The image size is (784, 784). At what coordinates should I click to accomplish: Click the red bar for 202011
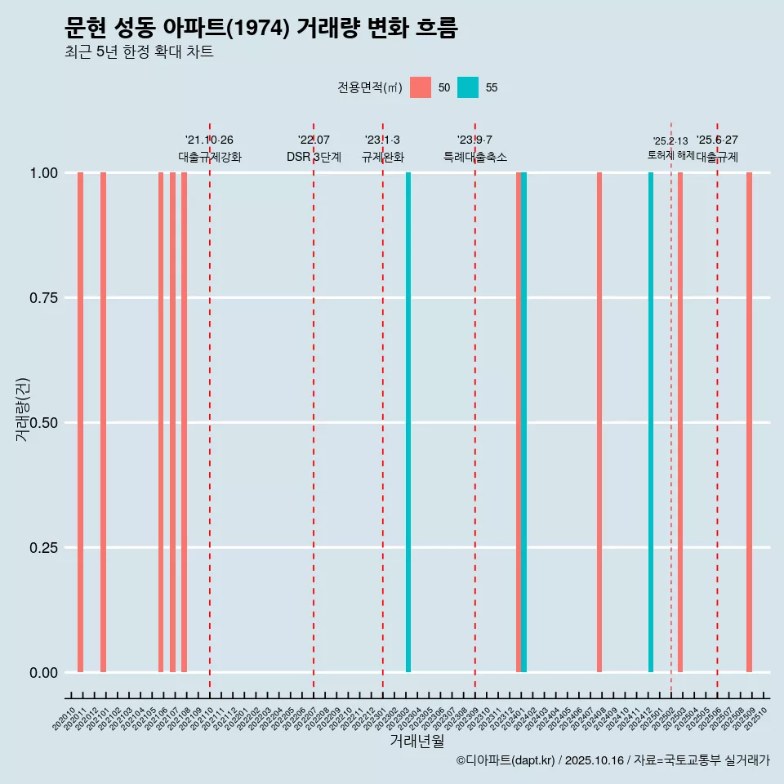tap(80, 422)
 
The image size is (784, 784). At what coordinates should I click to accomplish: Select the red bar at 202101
tap(103, 422)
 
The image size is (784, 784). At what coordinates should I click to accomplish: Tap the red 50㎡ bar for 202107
tap(172, 422)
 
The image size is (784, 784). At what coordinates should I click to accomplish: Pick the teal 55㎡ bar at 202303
tap(408, 422)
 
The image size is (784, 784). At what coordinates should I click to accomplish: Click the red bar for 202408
tap(599, 422)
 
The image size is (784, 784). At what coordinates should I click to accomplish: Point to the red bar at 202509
tap(749, 422)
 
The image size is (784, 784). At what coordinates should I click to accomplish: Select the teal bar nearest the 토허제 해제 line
tap(651, 422)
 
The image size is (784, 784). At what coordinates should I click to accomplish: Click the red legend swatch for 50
tap(421, 87)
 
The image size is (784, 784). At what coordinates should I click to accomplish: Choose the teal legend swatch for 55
tap(468, 87)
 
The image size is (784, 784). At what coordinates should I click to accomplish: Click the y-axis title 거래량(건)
tap(23, 409)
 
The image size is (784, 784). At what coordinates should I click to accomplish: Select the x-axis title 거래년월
tap(416, 741)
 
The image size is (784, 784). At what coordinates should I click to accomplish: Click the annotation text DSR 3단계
tap(314, 157)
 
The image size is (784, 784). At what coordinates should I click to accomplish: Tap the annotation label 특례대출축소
tap(475, 157)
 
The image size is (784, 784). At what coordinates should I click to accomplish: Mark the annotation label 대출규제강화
tap(210, 157)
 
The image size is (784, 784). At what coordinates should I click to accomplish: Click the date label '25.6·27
tap(717, 140)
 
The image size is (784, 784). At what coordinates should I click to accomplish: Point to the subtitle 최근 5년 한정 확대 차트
tap(139, 52)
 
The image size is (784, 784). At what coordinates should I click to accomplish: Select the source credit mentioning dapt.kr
tap(612, 760)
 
